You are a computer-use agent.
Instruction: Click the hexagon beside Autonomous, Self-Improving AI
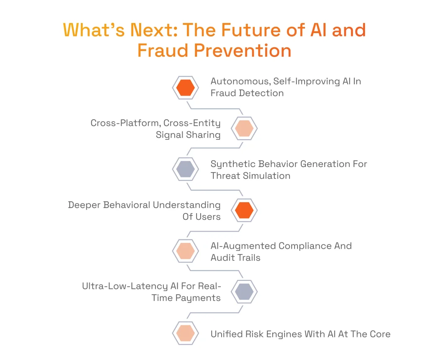185,87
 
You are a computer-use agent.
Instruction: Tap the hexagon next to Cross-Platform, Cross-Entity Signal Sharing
244,129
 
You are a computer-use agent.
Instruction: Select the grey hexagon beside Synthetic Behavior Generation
185,170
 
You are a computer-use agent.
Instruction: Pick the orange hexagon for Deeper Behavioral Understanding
244,211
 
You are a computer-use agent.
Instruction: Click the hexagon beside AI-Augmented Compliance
185,251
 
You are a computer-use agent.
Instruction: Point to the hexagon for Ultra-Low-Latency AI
244,292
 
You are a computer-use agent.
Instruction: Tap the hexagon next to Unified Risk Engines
185,333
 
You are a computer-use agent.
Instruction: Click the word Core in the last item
380,334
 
